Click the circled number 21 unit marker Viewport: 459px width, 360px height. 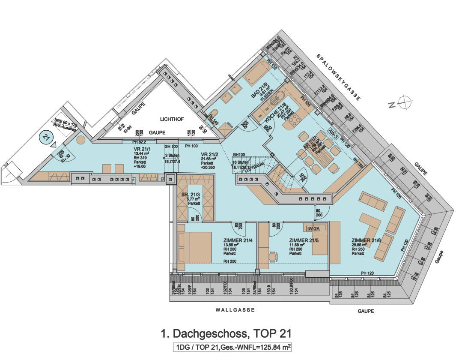46,138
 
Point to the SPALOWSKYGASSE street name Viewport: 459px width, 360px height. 338,77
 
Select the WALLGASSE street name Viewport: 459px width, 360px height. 235,309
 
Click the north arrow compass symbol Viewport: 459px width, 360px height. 404,102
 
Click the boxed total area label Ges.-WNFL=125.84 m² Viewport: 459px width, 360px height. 231,347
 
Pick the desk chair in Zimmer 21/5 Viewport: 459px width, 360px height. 273,256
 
